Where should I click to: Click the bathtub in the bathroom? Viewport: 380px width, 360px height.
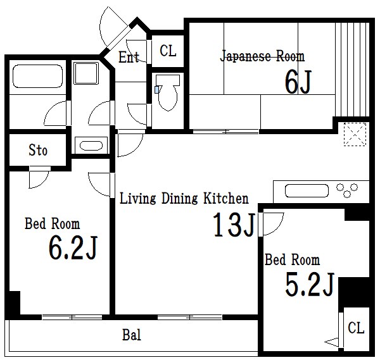coord(37,76)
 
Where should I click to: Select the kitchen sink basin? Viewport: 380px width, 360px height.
coord(307,191)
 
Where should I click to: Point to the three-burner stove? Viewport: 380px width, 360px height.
coord(347,190)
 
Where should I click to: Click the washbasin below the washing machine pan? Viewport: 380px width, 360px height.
coord(91,146)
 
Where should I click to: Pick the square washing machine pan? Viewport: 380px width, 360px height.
coord(86,73)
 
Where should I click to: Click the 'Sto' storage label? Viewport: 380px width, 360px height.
coord(38,150)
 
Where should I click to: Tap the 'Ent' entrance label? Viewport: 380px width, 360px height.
coord(129,57)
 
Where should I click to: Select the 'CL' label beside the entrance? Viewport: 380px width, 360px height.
coord(168,51)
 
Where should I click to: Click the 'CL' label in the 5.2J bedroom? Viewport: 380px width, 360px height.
coord(356,328)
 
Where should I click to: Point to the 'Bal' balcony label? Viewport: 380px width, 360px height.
coord(132,335)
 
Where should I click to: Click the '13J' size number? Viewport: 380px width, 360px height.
coord(234,225)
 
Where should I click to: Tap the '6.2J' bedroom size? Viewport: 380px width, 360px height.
coord(73,247)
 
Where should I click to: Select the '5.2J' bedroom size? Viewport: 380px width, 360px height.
coord(310,284)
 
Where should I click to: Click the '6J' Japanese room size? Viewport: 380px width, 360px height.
coord(298,82)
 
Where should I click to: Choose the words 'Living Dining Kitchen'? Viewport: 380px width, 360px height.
coord(184,199)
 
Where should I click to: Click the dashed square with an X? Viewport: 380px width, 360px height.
coord(355,134)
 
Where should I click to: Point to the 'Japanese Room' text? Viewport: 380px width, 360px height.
coord(262,56)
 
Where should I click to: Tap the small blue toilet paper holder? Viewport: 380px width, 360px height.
coord(157,90)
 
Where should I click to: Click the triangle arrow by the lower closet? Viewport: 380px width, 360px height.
coord(331,342)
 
